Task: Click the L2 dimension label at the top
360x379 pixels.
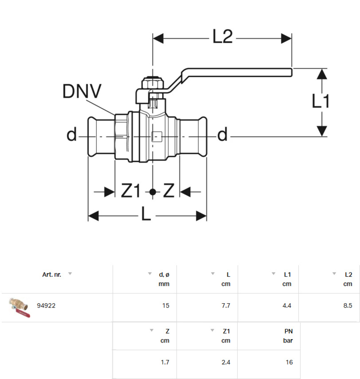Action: [x=222, y=37]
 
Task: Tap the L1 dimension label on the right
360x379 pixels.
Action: [x=321, y=101]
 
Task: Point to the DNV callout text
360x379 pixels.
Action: [x=82, y=92]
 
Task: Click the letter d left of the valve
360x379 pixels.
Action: [x=71, y=135]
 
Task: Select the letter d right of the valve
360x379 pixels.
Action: [x=222, y=135]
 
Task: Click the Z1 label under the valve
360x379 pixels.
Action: [x=131, y=191]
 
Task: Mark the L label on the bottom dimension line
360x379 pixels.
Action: [x=146, y=216]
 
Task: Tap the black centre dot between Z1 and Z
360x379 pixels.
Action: [x=152, y=192]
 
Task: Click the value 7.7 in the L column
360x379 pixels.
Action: [x=225, y=306]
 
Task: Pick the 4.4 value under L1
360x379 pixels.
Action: [x=286, y=306]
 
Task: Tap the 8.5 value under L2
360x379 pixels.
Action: [x=348, y=306]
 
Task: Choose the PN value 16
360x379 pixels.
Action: [x=289, y=362]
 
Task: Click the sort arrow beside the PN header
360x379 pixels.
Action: [x=273, y=330]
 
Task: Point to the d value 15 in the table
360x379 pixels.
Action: [x=165, y=306]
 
